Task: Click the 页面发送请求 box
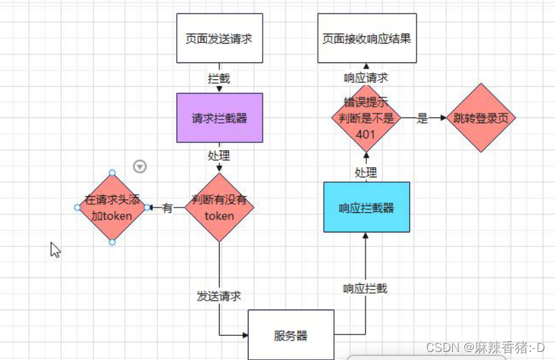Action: pos(219,38)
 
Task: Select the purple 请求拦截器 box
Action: pos(219,118)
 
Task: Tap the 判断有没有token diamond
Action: pos(219,208)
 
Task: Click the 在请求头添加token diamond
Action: pos(112,208)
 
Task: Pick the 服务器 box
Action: pos(291,334)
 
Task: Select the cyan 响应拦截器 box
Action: pos(366,208)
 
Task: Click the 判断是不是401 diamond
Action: pos(366,118)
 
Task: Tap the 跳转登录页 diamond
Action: pos(481,118)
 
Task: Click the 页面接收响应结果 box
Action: pos(366,38)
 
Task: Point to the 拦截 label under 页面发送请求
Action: pos(219,79)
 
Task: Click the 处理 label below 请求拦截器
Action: pos(219,156)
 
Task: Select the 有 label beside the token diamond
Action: pos(167,208)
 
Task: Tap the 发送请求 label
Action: pos(219,296)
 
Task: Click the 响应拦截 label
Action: pos(366,289)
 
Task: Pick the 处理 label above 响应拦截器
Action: pos(366,173)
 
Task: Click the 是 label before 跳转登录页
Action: pos(423,119)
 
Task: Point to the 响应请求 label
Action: pos(366,77)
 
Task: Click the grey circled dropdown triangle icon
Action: pos(140,167)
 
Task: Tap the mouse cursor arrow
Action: pos(55,250)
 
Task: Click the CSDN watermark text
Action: pos(485,347)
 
